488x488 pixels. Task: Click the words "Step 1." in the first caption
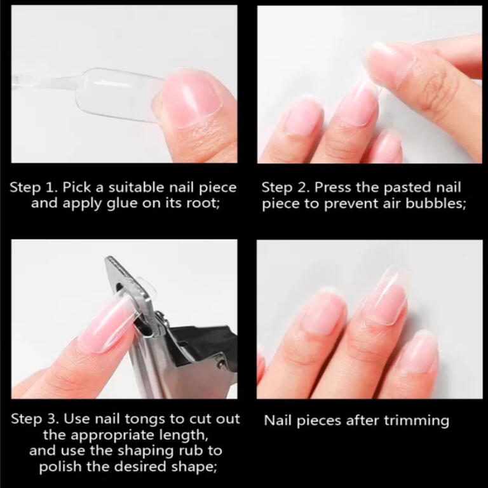click(34, 187)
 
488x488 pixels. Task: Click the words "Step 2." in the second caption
click(285, 187)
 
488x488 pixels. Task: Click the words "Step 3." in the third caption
click(35, 419)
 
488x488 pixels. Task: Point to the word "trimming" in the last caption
click(416, 421)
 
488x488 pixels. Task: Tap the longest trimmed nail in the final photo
click(385, 295)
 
